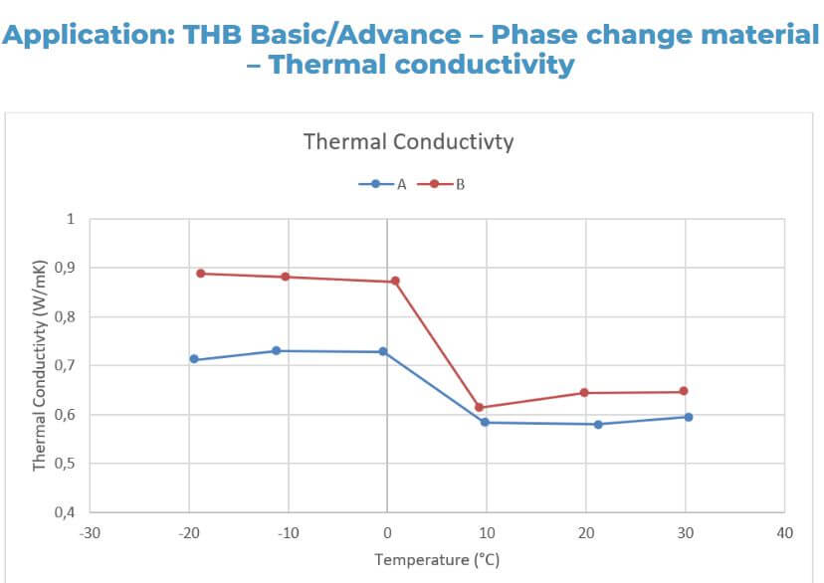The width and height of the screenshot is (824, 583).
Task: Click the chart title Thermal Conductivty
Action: pos(408,141)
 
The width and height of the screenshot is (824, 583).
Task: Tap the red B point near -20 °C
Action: pos(200,273)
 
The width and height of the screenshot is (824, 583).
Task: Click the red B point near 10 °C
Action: pos(479,407)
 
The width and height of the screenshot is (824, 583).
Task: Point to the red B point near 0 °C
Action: pos(395,281)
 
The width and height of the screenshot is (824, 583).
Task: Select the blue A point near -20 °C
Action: pos(194,359)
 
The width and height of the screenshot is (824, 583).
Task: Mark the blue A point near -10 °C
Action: pos(276,350)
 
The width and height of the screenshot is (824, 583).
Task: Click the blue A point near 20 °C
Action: pos(598,424)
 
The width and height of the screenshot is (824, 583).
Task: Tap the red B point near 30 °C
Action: pos(685,391)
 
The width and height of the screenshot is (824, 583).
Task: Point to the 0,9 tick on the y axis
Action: pos(64,268)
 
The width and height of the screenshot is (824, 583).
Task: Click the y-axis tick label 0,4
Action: pos(64,512)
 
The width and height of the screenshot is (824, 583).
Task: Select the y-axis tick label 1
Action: pos(70,219)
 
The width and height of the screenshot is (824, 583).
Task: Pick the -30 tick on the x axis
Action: pos(90,533)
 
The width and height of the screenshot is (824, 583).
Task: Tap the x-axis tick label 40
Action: pos(784,533)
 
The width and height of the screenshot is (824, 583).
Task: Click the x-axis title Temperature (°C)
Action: pos(437,560)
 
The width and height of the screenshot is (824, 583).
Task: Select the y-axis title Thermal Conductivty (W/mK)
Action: pos(40,365)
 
